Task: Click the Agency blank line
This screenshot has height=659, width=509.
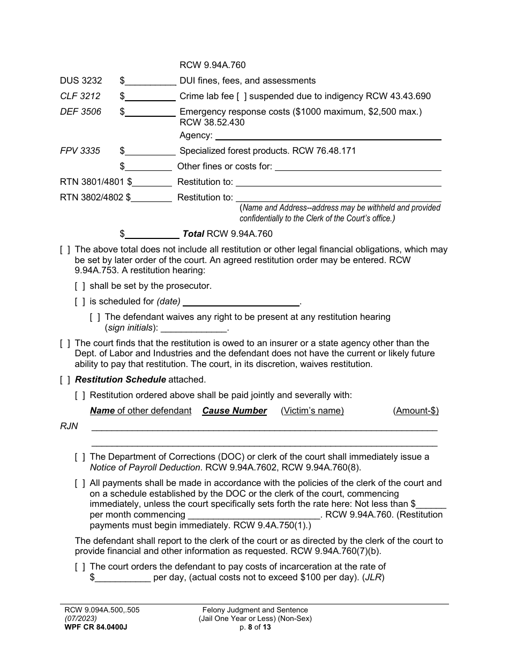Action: (328, 136)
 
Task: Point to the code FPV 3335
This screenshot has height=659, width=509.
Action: (80, 151)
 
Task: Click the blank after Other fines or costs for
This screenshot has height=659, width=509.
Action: (357, 167)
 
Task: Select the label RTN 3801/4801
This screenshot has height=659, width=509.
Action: (92, 182)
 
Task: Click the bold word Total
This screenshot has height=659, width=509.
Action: (193, 234)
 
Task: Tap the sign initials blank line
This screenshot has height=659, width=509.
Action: (194, 328)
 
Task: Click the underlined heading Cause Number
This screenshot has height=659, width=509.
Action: (234, 411)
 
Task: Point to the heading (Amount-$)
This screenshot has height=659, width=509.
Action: (416, 411)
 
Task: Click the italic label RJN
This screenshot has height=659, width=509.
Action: (69, 426)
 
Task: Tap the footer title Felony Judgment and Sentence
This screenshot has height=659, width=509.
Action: (255, 610)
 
